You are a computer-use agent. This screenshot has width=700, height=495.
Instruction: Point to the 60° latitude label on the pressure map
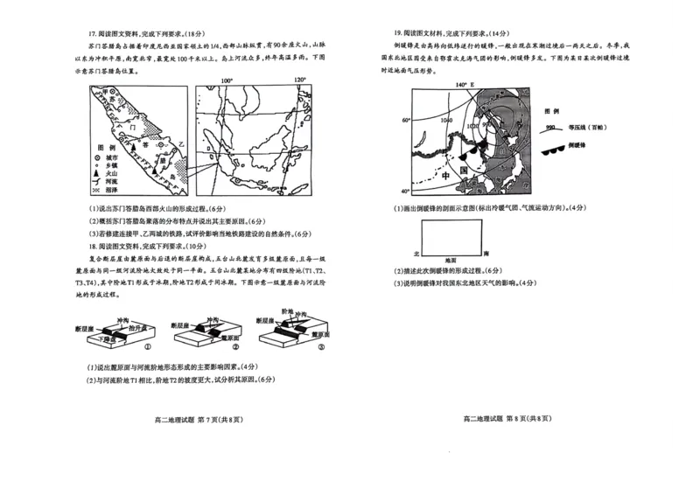coord(405,120)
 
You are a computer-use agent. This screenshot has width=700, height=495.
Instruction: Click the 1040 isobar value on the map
coord(448,119)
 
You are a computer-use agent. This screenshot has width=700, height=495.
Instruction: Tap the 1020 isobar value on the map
coord(473,126)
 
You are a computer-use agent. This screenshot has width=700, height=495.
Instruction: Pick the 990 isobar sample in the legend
coord(553,127)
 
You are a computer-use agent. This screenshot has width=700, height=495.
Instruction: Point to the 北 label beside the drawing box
coord(416,252)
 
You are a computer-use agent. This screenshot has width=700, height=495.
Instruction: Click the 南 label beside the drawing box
coord(487,252)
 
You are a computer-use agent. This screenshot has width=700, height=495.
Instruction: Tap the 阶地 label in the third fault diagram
coord(287,311)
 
